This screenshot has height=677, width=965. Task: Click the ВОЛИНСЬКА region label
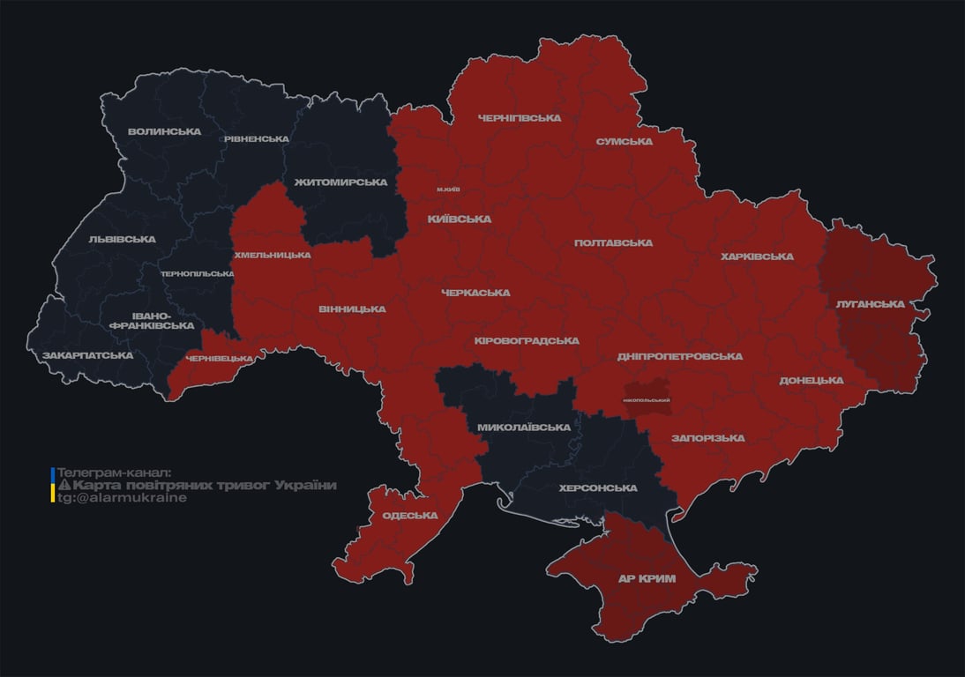(x=164, y=132)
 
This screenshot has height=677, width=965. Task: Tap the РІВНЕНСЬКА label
(x=256, y=139)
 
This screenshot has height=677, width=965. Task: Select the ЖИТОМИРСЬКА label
(x=340, y=182)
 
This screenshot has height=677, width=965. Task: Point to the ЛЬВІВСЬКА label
(x=122, y=239)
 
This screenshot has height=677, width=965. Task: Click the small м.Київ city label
(x=447, y=190)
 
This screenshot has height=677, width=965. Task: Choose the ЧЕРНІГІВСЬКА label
(x=520, y=118)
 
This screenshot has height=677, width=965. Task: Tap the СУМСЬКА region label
(x=624, y=142)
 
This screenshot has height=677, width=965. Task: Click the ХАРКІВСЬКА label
(x=757, y=257)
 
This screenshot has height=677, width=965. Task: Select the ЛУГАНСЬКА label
(x=870, y=304)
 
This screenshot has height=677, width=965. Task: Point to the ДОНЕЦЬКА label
(x=812, y=381)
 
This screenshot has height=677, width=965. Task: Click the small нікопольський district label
(x=647, y=400)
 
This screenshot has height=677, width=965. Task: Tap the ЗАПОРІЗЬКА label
(x=707, y=438)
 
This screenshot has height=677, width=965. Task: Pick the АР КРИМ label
(x=647, y=579)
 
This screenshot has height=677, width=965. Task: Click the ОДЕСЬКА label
(x=409, y=516)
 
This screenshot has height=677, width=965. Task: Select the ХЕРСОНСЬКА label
(x=598, y=488)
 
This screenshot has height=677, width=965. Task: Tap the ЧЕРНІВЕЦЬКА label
(x=224, y=359)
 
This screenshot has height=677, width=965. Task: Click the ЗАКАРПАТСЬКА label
(x=88, y=356)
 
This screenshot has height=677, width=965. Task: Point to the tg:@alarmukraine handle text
(x=122, y=498)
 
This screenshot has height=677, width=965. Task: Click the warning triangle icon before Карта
(x=64, y=486)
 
